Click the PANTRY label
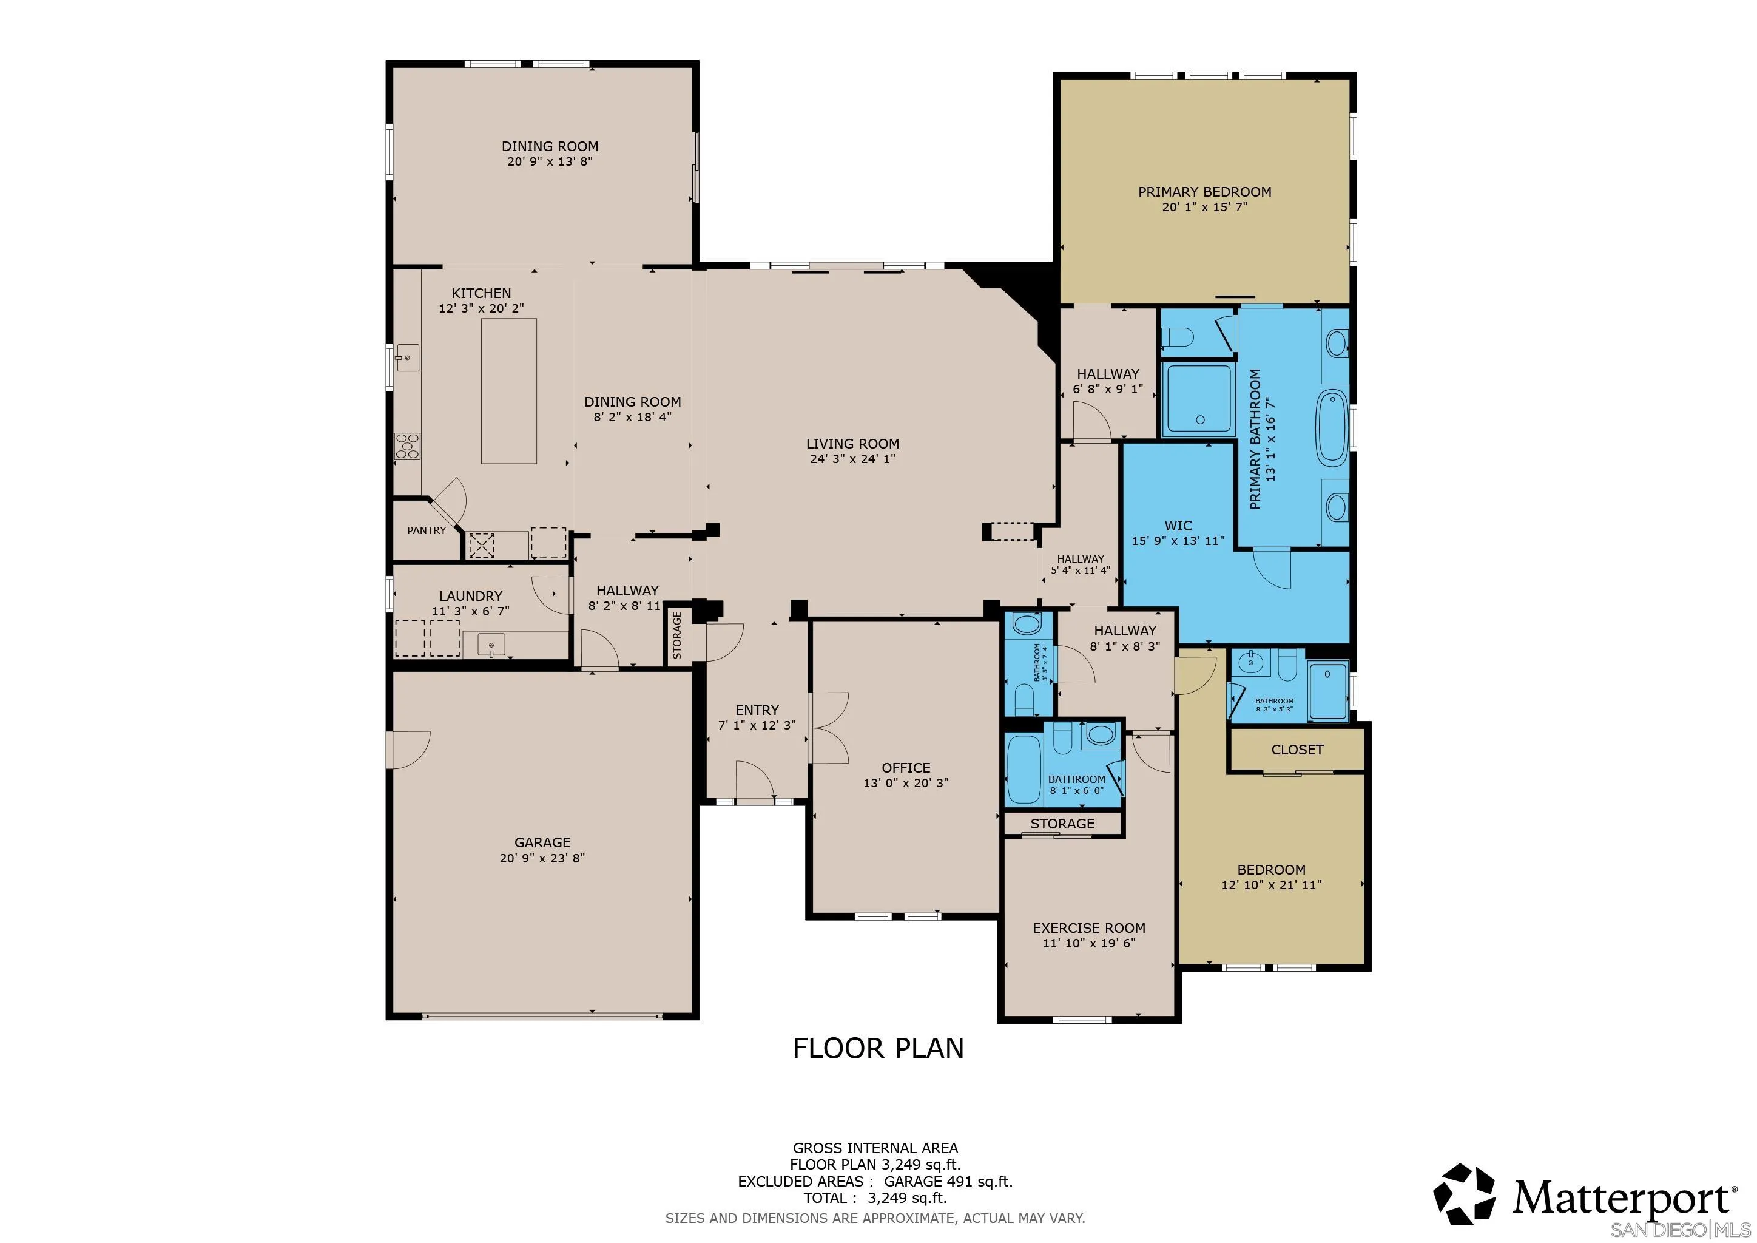click(x=427, y=530)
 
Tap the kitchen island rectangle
click(x=508, y=391)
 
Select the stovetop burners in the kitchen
click(x=407, y=446)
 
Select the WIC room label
click(x=1178, y=526)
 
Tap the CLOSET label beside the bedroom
click(x=1297, y=750)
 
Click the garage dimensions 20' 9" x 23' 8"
click(x=542, y=858)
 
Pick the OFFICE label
click(x=906, y=768)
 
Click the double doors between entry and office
click(x=828, y=728)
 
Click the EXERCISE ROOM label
click(x=1089, y=927)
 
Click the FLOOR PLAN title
click(x=878, y=1049)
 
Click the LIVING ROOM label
click(x=852, y=444)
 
